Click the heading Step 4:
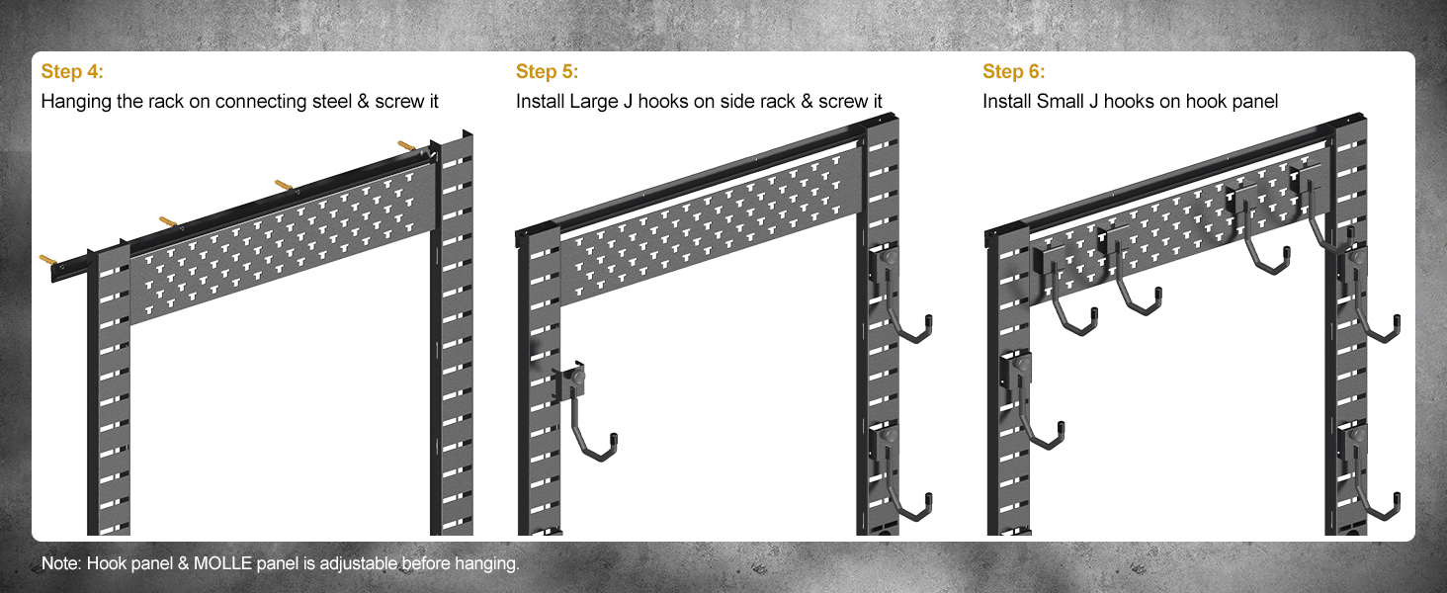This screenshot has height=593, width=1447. coord(72,72)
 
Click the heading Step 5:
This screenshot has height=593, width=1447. coord(547,72)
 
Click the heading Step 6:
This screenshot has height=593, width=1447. coord(1013,72)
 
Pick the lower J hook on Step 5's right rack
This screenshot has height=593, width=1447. coord(904,474)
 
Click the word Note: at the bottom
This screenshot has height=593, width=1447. coord(62,564)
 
